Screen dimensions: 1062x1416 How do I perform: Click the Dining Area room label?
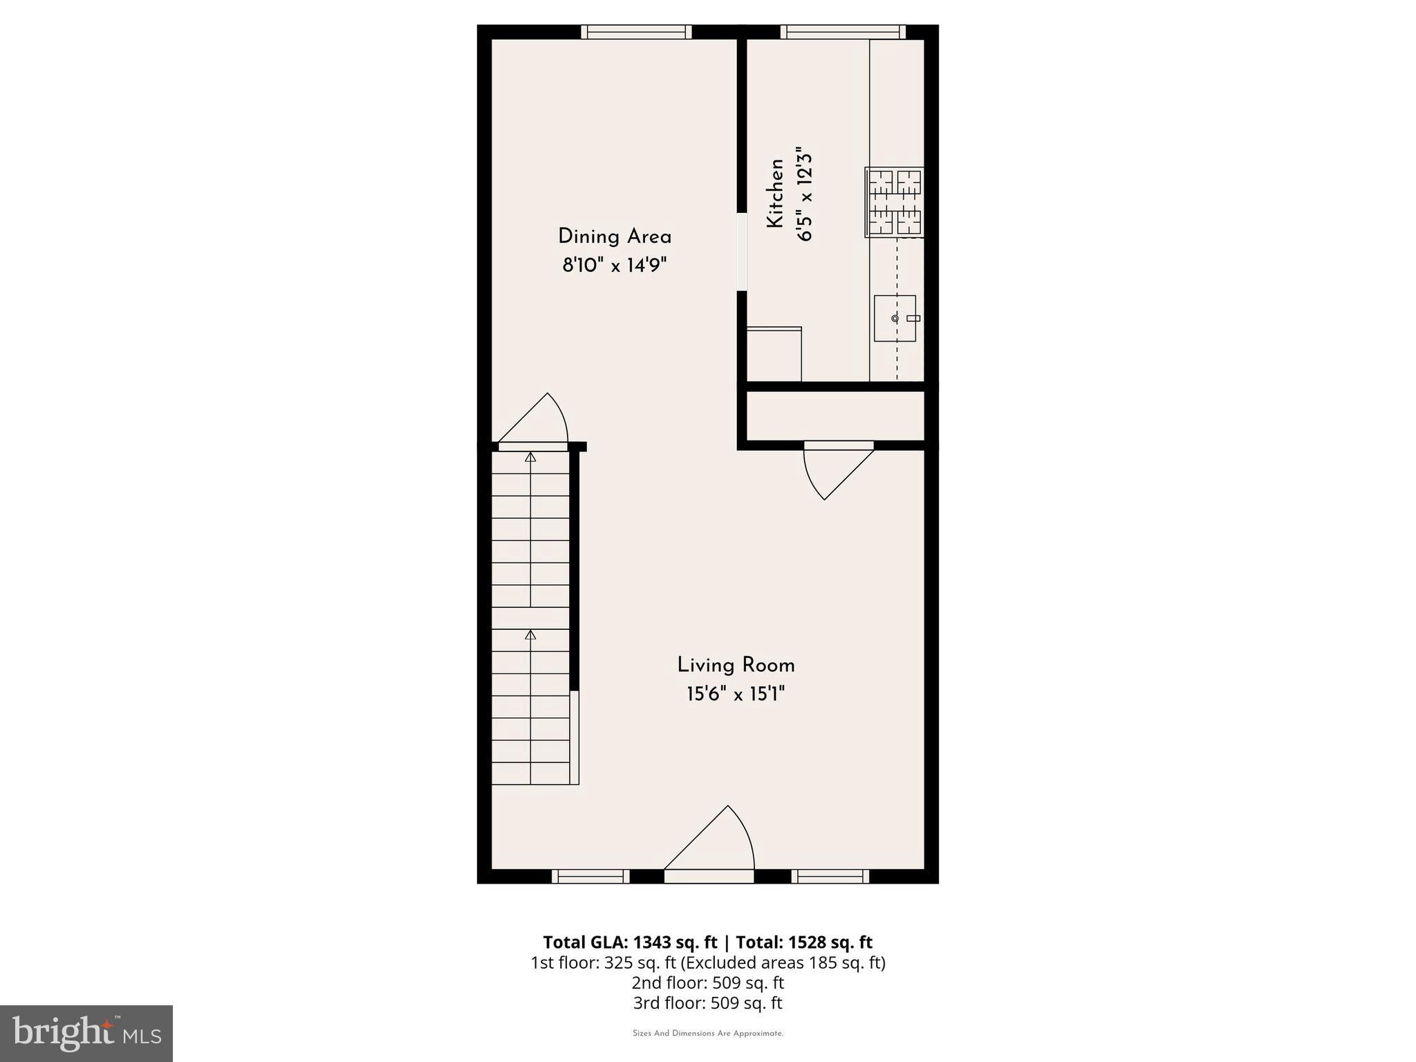point(615,237)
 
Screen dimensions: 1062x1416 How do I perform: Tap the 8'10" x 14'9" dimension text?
point(615,265)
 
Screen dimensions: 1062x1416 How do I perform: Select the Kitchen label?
point(776,194)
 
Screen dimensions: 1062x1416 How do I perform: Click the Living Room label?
point(736,666)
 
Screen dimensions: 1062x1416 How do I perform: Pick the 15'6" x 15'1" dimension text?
point(736,694)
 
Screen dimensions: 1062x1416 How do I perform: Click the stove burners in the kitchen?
point(895,202)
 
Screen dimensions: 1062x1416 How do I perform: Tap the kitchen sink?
point(895,318)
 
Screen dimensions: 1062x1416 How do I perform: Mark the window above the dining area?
point(636,32)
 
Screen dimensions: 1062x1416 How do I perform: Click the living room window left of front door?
point(590,877)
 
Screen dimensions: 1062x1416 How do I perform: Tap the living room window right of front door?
point(830,877)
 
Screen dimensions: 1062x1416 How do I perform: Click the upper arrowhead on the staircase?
point(530,457)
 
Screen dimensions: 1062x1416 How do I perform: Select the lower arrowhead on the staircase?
point(530,635)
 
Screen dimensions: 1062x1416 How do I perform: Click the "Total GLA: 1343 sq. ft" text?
point(631,942)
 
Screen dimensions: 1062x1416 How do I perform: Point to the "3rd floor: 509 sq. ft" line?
point(708,1003)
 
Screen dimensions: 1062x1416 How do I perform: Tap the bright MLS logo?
point(86,1033)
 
